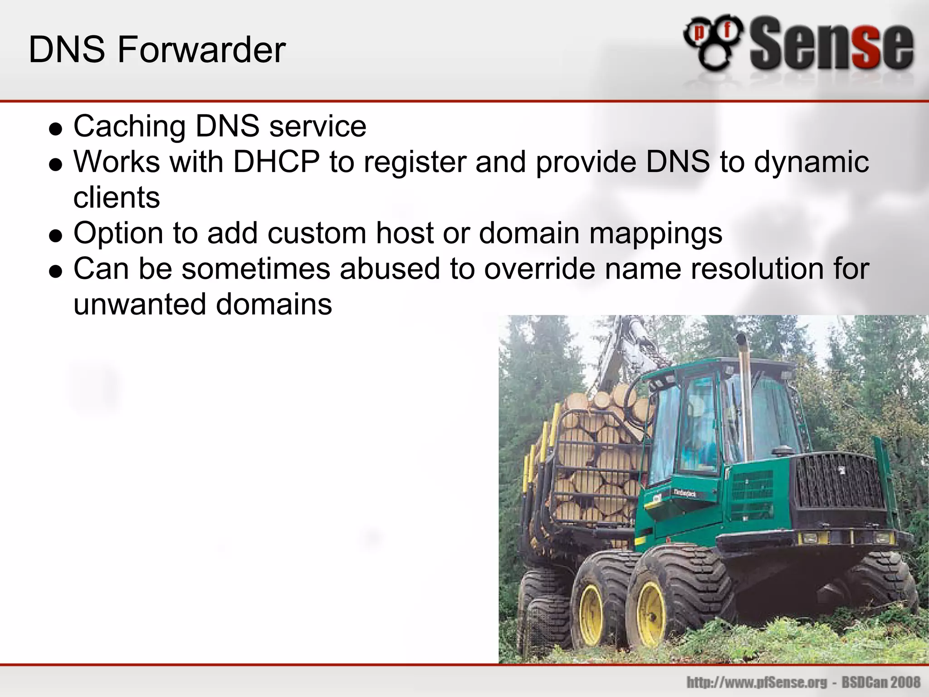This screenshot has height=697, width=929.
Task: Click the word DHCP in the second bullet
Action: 276,162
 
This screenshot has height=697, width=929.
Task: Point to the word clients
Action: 117,197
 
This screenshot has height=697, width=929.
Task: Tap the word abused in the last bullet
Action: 390,269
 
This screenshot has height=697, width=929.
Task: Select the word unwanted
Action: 140,304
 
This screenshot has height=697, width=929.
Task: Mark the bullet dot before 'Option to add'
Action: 55,236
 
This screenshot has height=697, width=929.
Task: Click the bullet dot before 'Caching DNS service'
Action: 55,129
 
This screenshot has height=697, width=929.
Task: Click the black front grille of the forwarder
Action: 839,481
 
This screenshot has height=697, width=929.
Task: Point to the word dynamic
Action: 812,162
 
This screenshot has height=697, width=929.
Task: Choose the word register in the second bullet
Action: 415,162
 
